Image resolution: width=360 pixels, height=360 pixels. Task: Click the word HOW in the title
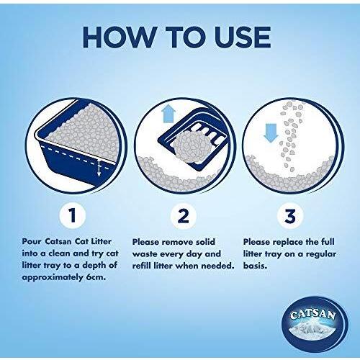tap(120, 37)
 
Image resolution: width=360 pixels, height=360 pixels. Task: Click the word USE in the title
tap(243, 37)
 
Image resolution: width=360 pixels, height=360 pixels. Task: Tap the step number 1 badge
tap(72, 215)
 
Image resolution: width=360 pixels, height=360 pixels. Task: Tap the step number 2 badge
tap(184, 215)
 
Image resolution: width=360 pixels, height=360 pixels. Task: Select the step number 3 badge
tap(289, 215)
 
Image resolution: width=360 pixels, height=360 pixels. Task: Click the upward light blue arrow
tap(168, 114)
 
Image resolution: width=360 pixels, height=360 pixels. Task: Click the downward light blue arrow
tap(271, 133)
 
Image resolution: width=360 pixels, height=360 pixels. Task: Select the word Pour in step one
tap(32, 241)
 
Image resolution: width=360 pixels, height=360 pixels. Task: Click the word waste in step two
tap(145, 254)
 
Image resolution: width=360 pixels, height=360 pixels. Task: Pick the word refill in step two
tap(143, 266)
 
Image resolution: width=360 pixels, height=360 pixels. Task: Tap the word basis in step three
tap(255, 266)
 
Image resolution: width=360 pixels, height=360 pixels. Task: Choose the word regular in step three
tap(321, 254)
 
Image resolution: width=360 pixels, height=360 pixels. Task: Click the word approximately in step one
tap(53, 278)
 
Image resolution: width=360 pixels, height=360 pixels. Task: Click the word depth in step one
tap(92, 266)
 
